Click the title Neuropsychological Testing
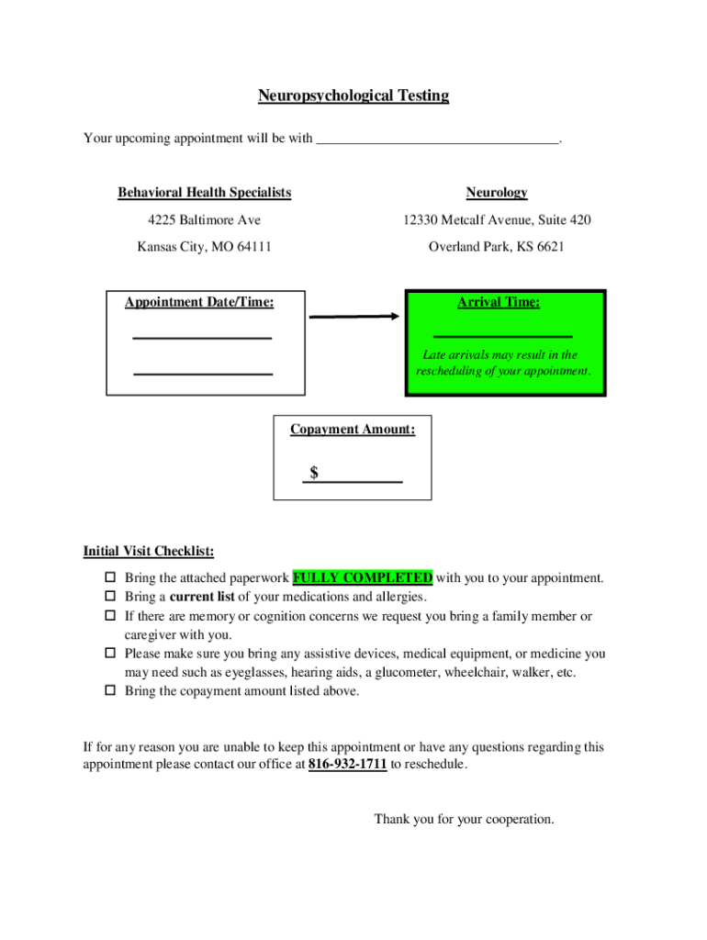coord(353,95)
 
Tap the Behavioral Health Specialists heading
coord(204,193)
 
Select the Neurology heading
coord(497,193)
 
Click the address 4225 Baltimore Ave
coord(204,220)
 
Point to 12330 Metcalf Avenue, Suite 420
coord(497,220)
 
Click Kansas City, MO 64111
coord(204,247)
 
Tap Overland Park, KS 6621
coord(497,247)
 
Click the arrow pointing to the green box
coord(354,317)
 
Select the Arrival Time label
coord(499,302)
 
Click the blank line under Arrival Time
coord(502,336)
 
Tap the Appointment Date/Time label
coord(199,302)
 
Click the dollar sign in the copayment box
coord(314,473)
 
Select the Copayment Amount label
coord(353,429)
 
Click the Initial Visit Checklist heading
coord(149,552)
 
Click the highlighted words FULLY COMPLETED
coord(363,578)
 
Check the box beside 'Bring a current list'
coord(108,598)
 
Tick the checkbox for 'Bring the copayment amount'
coord(108,691)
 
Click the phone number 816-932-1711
coord(347,765)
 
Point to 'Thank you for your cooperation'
coord(464,819)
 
